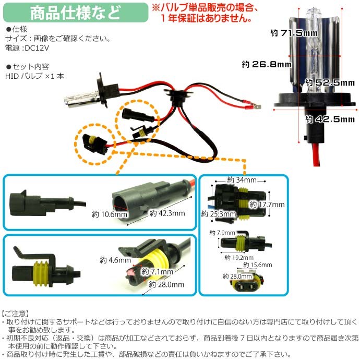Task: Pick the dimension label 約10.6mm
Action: (110, 214)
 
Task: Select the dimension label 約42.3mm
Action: (167, 213)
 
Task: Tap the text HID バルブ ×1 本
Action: (35, 76)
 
